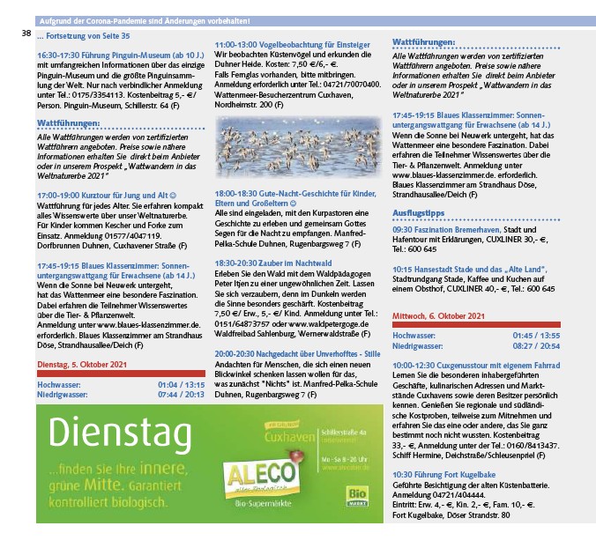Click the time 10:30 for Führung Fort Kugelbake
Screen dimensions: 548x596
(x=406, y=475)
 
